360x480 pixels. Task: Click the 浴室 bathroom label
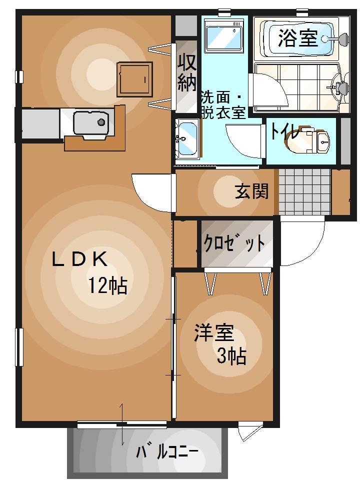[x=298, y=38]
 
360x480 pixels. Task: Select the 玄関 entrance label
[x=252, y=190]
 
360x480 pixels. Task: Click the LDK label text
[x=79, y=258]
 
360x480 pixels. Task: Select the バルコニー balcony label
[x=167, y=453]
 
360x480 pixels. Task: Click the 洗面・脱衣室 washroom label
[x=222, y=104]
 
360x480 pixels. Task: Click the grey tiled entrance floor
[x=304, y=191]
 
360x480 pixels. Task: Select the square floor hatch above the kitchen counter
[x=134, y=79]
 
